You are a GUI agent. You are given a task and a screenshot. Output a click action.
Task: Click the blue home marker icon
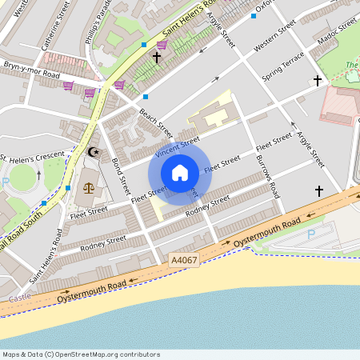pos(180,173)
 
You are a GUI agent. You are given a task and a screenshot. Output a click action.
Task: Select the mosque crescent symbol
pos(94,152)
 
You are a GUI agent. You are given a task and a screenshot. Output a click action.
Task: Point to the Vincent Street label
pos(177,146)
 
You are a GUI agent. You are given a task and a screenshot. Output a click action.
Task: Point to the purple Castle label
pos(19,298)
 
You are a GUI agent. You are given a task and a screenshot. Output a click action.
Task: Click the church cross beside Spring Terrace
pos(318,81)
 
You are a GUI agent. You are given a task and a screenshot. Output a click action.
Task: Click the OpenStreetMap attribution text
pos(80,354)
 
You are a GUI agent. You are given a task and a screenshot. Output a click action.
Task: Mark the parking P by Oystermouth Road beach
pos(311,234)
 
